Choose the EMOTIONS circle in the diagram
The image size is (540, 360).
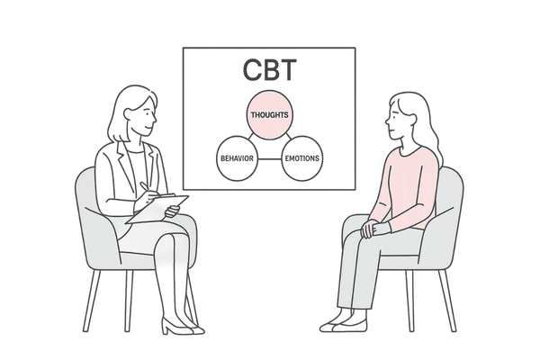point(301,158)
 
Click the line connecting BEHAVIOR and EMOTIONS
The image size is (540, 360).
point(268,158)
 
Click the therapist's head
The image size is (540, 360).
point(135,112)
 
